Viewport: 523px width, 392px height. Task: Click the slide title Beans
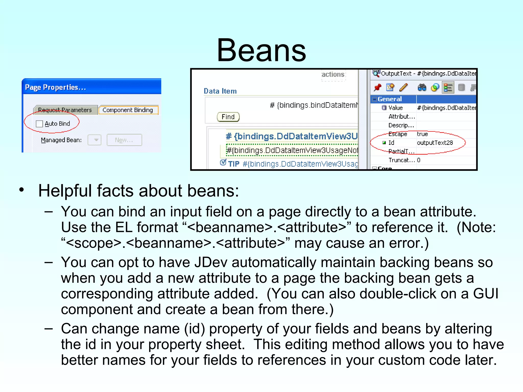click(x=261, y=51)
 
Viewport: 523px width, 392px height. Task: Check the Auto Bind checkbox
click(x=39, y=124)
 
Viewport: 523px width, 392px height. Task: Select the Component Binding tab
click(x=128, y=110)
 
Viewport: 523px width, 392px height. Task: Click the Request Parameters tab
click(x=65, y=110)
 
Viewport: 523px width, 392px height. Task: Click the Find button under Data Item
click(x=228, y=117)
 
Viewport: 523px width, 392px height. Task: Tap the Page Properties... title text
click(x=55, y=87)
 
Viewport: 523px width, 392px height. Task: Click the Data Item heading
click(x=220, y=91)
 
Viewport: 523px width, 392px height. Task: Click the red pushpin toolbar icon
click(x=377, y=88)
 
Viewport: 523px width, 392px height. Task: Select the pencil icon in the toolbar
click(x=403, y=88)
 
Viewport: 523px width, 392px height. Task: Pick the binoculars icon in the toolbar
click(x=422, y=88)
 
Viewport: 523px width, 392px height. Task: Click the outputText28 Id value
click(x=435, y=143)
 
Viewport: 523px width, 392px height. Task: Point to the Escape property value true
click(x=422, y=134)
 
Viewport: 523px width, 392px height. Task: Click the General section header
click(x=389, y=99)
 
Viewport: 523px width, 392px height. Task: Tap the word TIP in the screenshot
click(x=234, y=164)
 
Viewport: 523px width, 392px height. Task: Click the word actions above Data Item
click(x=333, y=75)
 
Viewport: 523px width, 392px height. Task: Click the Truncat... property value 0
click(x=419, y=160)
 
